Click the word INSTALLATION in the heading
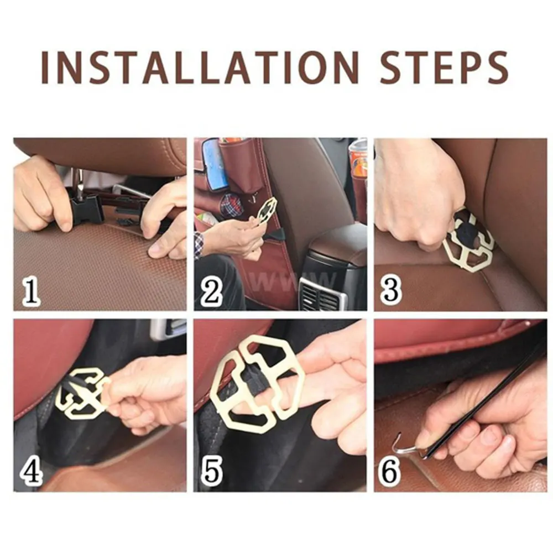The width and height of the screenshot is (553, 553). (x=200, y=67)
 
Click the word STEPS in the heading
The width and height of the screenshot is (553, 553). (x=444, y=67)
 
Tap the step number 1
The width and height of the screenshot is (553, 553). (x=31, y=291)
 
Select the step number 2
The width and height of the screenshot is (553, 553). (x=211, y=291)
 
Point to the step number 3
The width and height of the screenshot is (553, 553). (x=391, y=290)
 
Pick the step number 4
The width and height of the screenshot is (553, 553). (x=32, y=471)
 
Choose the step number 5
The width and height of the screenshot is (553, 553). (x=212, y=471)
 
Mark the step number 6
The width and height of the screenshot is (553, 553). (x=390, y=471)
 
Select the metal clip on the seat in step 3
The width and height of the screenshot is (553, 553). (x=468, y=243)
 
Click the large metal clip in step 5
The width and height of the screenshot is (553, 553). (x=257, y=384)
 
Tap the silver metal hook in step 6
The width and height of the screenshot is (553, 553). (x=405, y=446)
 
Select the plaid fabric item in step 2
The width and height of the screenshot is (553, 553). (x=231, y=205)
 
